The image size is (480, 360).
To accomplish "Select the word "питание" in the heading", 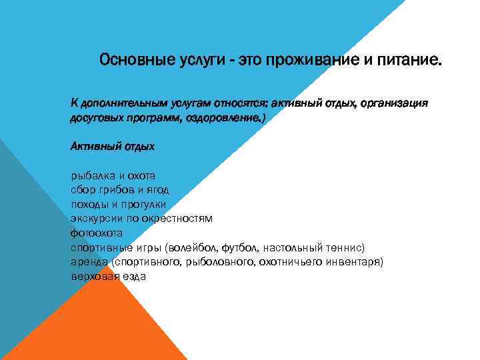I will [409, 61].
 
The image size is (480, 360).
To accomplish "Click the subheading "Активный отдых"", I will [112, 146].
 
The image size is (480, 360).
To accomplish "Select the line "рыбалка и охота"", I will [113, 176].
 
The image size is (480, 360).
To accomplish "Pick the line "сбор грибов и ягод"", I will [115, 190].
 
